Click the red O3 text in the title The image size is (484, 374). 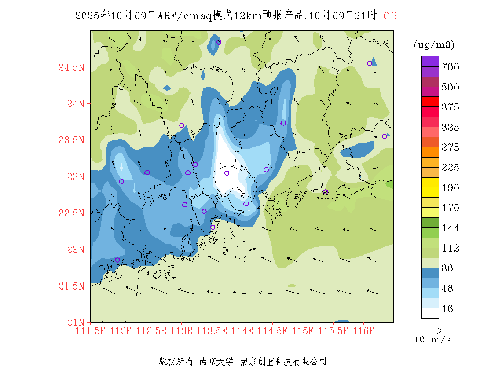(390, 16)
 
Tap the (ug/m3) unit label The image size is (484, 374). (434, 44)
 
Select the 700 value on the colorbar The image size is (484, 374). (450, 67)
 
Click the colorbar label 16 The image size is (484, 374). (447, 309)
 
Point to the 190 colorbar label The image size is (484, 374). (450, 188)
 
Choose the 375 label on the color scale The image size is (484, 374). (450, 107)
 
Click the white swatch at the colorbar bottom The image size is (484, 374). (430, 313)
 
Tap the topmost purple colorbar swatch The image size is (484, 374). (430, 61)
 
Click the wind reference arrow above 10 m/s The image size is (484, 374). (431, 330)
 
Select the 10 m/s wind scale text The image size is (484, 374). (433, 340)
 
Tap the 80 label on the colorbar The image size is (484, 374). (447, 268)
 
